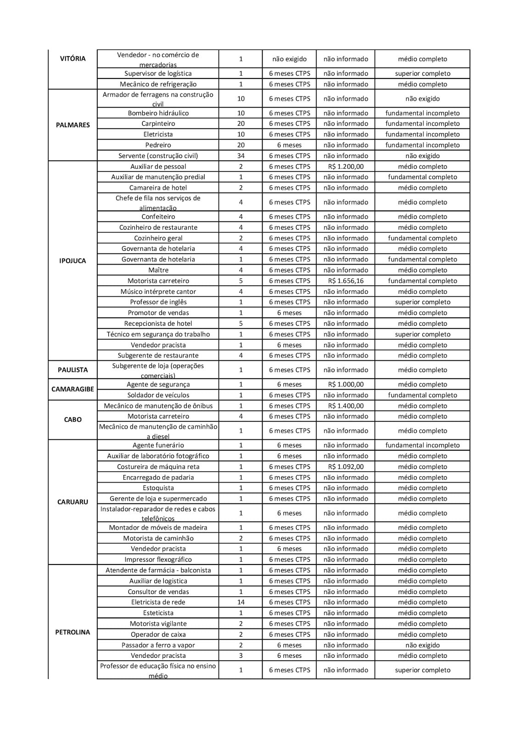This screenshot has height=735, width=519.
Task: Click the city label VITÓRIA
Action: (x=73, y=59)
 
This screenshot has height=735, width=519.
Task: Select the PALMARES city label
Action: (x=73, y=125)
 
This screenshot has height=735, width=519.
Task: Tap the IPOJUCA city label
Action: (x=73, y=260)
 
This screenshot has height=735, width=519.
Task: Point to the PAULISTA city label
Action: (x=73, y=370)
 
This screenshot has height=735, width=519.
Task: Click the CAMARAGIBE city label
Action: (x=73, y=389)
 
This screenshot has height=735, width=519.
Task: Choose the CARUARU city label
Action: (x=73, y=502)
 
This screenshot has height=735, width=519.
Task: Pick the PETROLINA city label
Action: (x=73, y=632)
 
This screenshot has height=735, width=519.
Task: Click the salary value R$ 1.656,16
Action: (x=346, y=281)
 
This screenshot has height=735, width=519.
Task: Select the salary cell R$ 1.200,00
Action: (x=346, y=166)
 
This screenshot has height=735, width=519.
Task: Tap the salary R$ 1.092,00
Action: (x=346, y=467)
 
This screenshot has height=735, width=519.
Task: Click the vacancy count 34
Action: (x=240, y=156)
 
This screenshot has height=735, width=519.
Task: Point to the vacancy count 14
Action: (x=240, y=602)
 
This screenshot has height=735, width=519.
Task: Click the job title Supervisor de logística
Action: (x=158, y=73)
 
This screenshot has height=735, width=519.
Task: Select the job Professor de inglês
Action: (x=158, y=302)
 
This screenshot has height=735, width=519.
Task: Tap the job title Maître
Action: (x=158, y=270)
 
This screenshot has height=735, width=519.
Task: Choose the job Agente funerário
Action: (x=158, y=445)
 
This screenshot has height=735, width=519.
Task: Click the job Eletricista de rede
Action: (x=158, y=602)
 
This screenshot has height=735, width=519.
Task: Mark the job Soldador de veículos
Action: (x=158, y=395)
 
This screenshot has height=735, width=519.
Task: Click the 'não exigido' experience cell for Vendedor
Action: (x=289, y=59)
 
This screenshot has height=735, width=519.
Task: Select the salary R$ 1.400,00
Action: (x=346, y=406)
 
